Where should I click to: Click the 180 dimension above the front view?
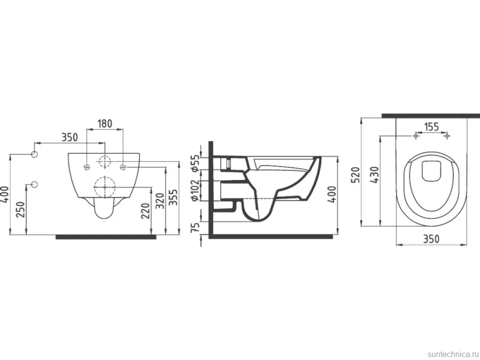point(105,124)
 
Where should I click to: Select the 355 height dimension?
point(173,198)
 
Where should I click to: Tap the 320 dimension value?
point(160,201)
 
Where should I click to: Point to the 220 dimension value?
point(146,211)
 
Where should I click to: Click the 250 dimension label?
point(20,210)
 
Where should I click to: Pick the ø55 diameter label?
point(195,164)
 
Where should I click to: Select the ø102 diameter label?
point(195,190)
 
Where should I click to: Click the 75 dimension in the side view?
point(195,227)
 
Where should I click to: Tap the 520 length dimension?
point(356,175)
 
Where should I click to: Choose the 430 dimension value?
point(375,175)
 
